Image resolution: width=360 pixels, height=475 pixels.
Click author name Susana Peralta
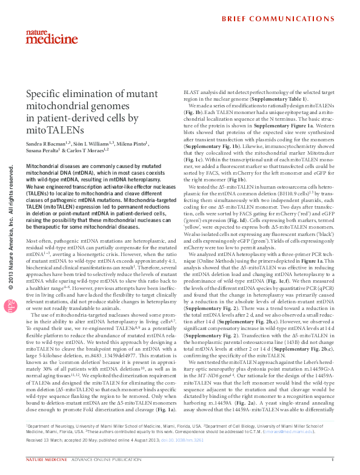42,150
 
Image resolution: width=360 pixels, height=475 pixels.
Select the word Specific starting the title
45,93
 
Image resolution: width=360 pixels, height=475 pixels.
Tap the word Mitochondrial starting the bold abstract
44,166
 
